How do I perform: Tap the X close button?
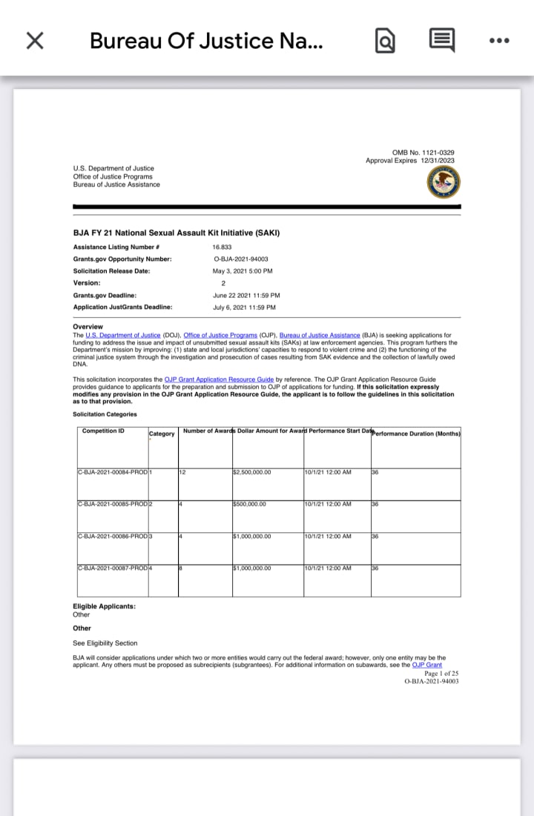point(35,41)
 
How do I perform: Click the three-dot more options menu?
point(500,41)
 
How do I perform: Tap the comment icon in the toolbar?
point(442,41)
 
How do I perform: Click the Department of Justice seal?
point(444,182)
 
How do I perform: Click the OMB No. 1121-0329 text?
point(423,153)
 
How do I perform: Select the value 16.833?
point(223,247)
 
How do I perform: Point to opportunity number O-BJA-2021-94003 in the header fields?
point(241,259)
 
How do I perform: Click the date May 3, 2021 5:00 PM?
point(243,271)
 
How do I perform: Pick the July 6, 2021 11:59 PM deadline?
point(244,307)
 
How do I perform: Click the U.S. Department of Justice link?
point(123,336)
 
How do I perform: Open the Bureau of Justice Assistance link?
point(320,336)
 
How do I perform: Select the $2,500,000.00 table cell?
point(252,472)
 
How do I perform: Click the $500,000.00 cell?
point(249,504)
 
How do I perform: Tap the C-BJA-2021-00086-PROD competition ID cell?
point(112,536)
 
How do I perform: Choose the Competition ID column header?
point(103,431)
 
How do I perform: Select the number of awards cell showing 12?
point(182,472)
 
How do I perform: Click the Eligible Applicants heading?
point(104,606)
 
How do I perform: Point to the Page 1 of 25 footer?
point(441,673)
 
